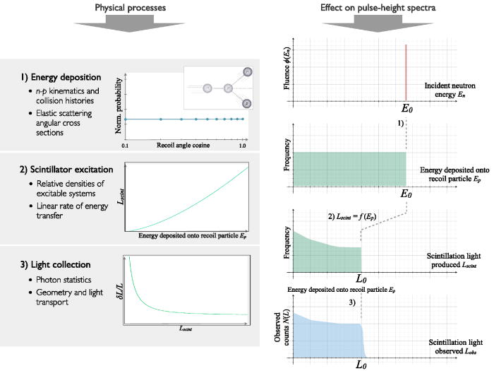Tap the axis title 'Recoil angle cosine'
pos(183,146)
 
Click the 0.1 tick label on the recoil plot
pos(124,146)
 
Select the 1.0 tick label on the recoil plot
pos(242,146)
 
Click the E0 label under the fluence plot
pos(406,111)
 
